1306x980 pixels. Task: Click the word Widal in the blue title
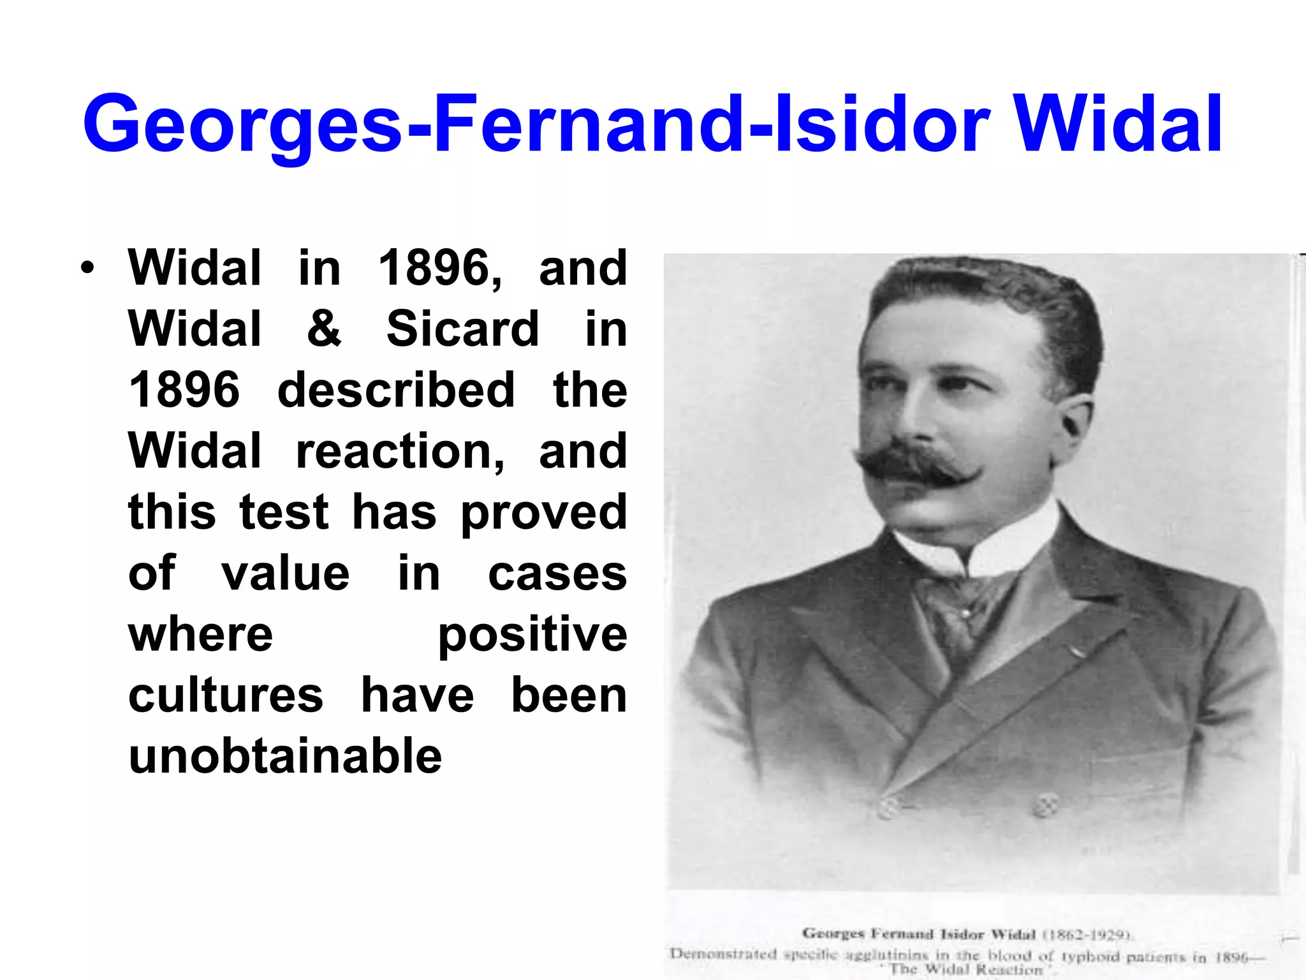1117,124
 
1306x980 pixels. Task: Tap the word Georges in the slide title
242,125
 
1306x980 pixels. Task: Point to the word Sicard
463,329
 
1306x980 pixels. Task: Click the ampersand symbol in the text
324,329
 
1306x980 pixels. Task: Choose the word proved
544,513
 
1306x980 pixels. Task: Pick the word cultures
226,695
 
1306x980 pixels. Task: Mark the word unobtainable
285,757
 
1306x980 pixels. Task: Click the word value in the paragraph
285,574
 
